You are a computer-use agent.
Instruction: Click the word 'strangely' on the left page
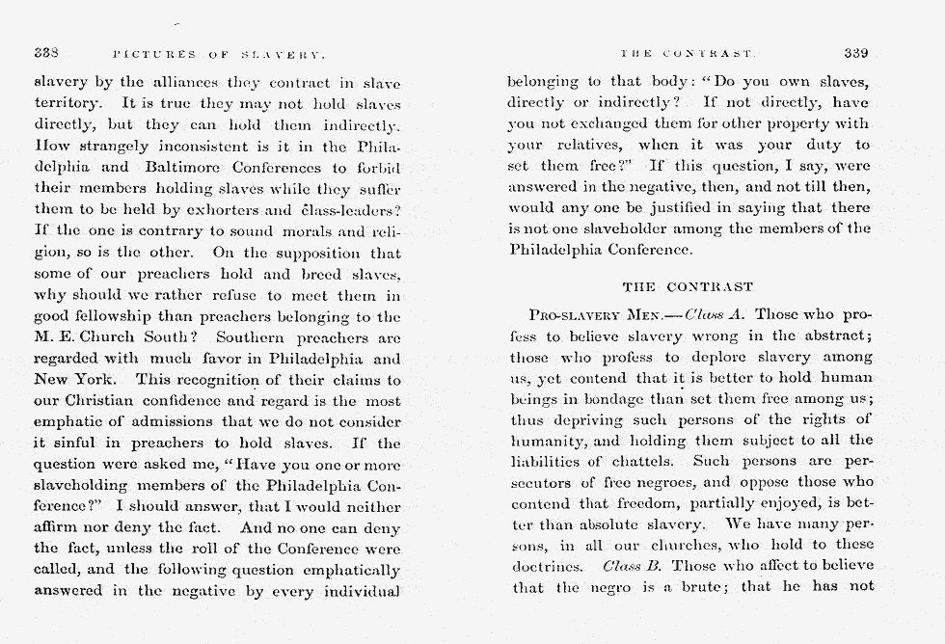click(x=118, y=147)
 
